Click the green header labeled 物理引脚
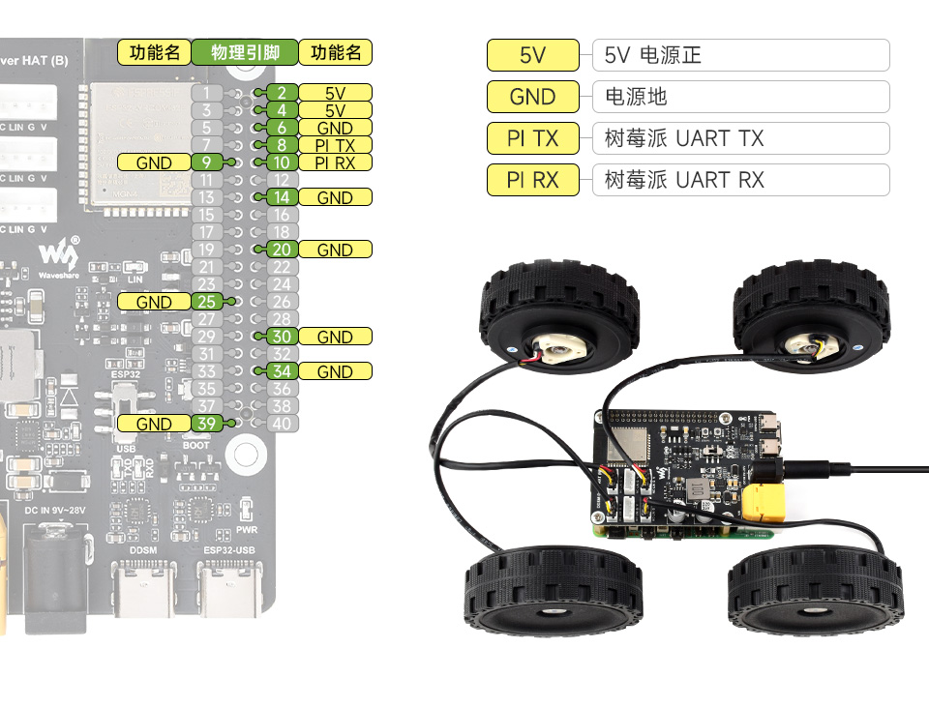245,52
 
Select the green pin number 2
281,93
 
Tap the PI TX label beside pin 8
335,145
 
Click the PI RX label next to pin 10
335,162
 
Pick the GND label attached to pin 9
154,162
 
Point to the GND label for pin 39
154,424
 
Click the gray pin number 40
281,424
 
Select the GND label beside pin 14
335,197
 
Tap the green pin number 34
281,371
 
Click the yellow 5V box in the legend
532,55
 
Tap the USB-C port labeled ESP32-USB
227,591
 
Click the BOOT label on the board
196,446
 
